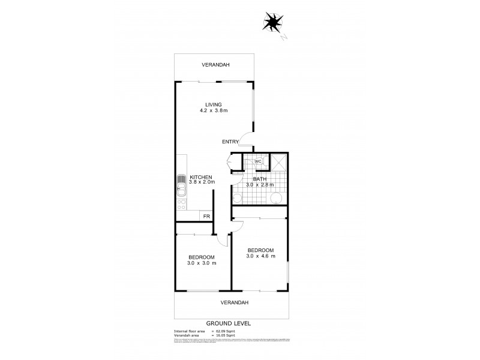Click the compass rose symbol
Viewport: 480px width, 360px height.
[x=274, y=22]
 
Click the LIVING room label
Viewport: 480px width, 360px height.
[x=214, y=104]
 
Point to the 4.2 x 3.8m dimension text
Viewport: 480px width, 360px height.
[x=214, y=111]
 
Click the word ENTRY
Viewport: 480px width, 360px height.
[x=230, y=142]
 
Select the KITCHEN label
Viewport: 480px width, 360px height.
[x=202, y=176]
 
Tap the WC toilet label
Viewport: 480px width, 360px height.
[x=258, y=161]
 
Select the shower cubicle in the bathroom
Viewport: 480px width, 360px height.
[x=278, y=162]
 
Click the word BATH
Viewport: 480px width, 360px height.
[x=259, y=178]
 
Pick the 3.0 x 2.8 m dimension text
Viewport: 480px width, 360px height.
[x=259, y=185]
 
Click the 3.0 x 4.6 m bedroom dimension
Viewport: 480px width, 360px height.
[x=260, y=256]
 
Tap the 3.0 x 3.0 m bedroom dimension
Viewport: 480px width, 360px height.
[x=202, y=263]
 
